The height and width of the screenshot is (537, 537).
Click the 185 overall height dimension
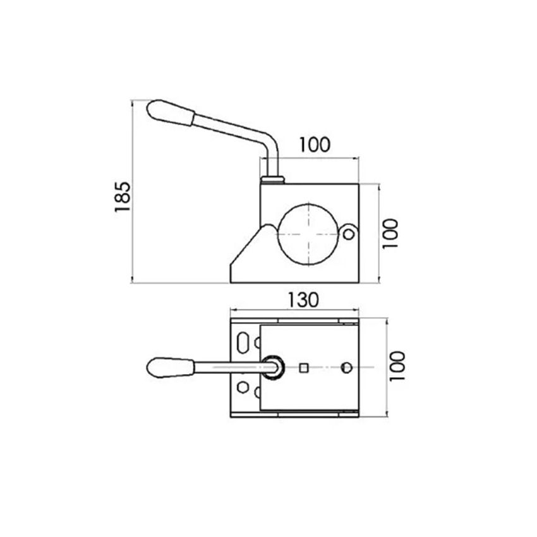click(x=123, y=196)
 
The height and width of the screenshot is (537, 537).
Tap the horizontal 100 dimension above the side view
click(x=314, y=145)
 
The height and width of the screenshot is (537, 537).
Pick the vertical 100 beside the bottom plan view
click(x=396, y=366)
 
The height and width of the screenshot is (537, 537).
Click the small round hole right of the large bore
click(x=348, y=234)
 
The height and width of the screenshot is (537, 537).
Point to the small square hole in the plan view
click(x=304, y=367)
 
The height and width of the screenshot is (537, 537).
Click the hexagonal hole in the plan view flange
click(x=257, y=343)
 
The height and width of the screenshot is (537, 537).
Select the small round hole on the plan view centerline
click(x=346, y=367)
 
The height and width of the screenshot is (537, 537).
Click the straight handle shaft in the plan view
click(x=227, y=367)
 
